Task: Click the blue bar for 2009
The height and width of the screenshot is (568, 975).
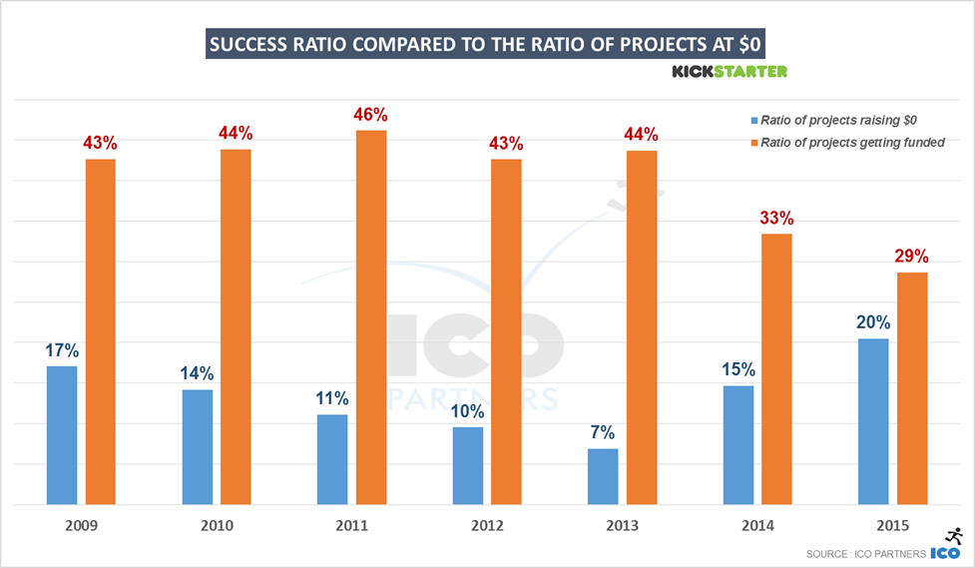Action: pos(62,435)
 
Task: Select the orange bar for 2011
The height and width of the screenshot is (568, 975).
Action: pos(370,317)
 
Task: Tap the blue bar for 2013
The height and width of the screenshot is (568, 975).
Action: pos(603,476)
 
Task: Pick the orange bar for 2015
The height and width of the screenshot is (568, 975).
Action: pos(912,388)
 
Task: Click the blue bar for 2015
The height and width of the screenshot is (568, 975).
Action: pos(873,421)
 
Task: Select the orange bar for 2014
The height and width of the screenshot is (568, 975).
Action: pos(776,369)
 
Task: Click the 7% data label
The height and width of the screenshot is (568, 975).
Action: pos(603,432)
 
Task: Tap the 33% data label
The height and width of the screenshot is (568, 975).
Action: pos(776,217)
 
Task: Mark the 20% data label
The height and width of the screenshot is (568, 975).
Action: pos(872,322)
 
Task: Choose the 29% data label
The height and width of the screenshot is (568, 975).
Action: pos(912,256)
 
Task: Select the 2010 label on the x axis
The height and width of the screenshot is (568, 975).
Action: pos(216,525)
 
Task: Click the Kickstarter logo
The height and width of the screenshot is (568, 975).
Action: pos(730,71)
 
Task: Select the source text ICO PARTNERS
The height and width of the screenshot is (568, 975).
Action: pos(865,554)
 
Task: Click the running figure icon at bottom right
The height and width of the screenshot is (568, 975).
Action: pos(953,537)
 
